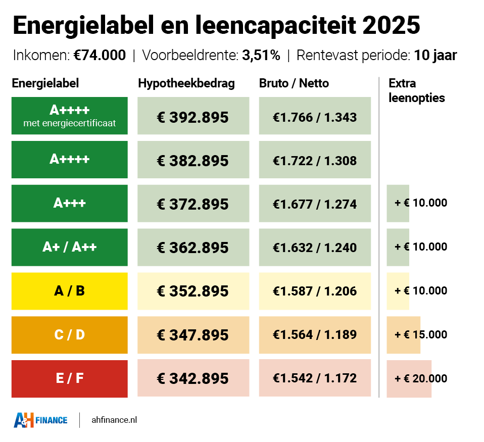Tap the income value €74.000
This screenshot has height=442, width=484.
[x=100, y=55]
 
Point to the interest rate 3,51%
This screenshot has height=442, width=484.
[x=261, y=55]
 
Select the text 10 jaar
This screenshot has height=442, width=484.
[x=435, y=55]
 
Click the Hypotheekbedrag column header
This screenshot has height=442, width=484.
[x=186, y=83]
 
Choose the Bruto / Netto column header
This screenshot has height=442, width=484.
[x=294, y=83]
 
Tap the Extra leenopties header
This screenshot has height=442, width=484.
[x=417, y=90]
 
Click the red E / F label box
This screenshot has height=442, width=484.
[x=70, y=378]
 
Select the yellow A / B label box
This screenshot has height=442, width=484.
[x=70, y=291]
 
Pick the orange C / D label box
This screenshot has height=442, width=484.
[x=70, y=334]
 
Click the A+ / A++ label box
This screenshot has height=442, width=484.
[x=70, y=247]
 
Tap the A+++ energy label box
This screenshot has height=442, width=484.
[x=70, y=203]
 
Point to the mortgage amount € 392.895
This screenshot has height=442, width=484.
[x=193, y=117]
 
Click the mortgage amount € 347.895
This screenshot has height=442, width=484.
[x=193, y=334]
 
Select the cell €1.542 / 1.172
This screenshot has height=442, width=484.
[x=315, y=378]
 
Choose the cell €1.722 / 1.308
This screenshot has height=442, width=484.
[x=315, y=161]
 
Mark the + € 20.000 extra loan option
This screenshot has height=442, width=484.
[x=421, y=378]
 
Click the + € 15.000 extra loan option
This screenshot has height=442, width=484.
[x=421, y=334]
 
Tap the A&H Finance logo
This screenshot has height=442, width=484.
[x=40, y=420]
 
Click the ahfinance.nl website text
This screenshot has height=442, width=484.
[x=114, y=420]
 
